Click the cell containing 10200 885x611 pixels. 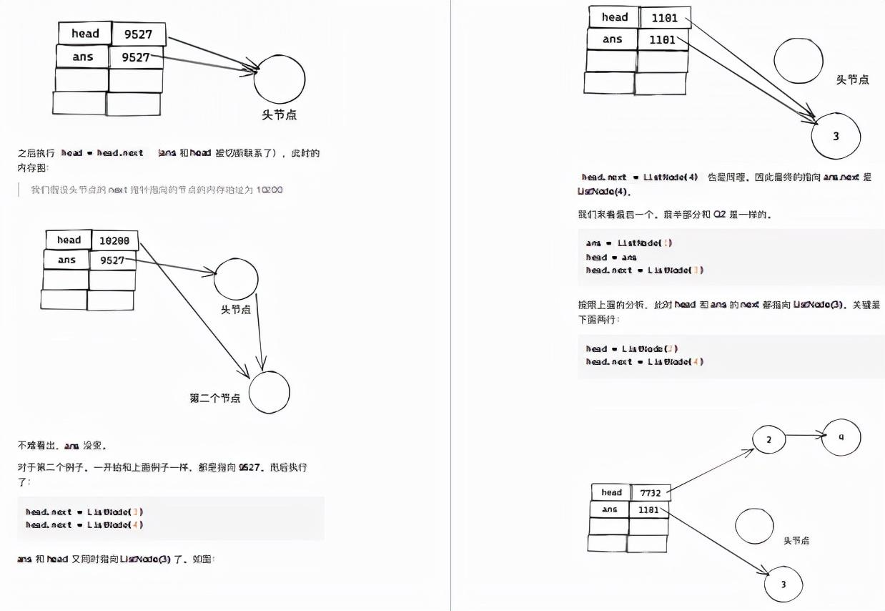tap(114, 241)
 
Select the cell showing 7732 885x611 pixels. tap(650, 493)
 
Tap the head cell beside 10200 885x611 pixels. tap(69, 240)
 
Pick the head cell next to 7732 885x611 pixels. tap(610, 492)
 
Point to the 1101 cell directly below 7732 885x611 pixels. tap(648, 510)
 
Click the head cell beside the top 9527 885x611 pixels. tap(85, 34)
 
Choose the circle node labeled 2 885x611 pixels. tap(768, 439)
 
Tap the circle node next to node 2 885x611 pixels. tap(841, 437)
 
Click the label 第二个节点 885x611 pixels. tap(214, 399)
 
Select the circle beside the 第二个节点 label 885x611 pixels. tap(270, 392)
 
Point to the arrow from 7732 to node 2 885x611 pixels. tap(711, 470)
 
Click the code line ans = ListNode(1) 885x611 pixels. tap(628, 243)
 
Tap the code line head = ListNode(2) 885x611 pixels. tap(631, 349)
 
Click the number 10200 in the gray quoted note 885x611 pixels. tap(269, 190)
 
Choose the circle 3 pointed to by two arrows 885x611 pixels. tap(836, 136)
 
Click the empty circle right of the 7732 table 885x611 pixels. tap(754, 527)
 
